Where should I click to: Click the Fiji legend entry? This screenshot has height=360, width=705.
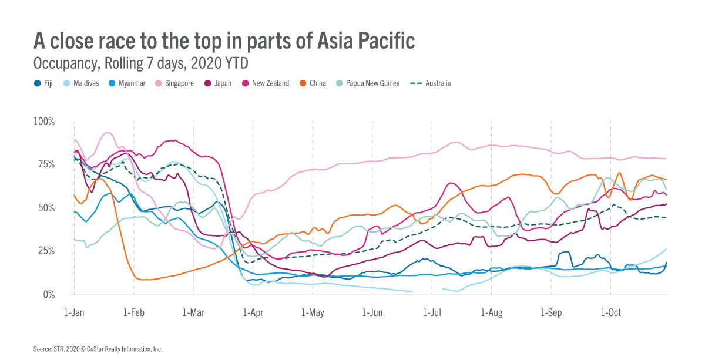[x=44, y=83]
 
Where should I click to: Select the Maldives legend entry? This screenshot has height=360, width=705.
[x=82, y=83]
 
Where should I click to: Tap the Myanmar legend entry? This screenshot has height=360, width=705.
[x=127, y=83]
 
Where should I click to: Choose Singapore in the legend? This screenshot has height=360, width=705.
[x=176, y=83]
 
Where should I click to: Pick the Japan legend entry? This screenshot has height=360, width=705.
[x=219, y=83]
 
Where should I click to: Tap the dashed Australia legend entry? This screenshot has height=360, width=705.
[x=430, y=83]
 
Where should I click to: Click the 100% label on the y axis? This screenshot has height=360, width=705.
[x=43, y=122]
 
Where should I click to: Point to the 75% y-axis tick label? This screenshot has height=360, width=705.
[x=46, y=164]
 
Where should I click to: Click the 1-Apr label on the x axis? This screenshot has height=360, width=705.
[x=253, y=312]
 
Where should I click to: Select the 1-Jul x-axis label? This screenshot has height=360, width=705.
[x=432, y=312]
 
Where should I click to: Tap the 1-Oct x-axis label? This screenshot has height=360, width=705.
[x=611, y=312]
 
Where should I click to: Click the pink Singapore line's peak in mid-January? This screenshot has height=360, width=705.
[x=107, y=133]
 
